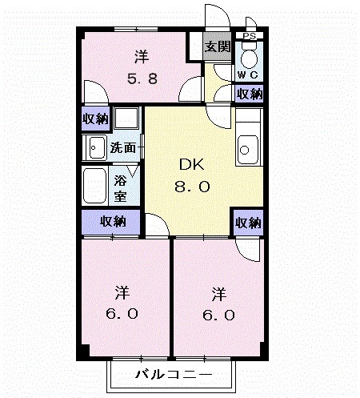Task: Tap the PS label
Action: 250,36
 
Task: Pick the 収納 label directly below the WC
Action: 249,94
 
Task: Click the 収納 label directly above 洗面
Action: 95,119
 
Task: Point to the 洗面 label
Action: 123,147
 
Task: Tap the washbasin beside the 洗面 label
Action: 96,147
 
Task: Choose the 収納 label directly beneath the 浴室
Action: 112,221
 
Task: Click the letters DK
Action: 191,166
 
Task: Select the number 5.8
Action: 142,78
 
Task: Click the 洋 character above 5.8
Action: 142,57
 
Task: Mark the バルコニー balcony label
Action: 173,375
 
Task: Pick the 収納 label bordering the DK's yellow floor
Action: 249,223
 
